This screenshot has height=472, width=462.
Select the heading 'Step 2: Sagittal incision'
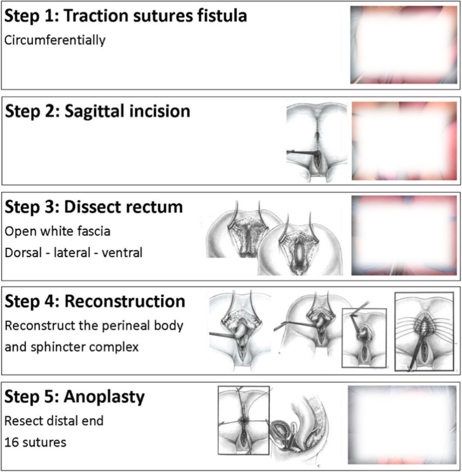(98, 110)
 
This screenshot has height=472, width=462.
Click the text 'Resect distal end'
(50, 421)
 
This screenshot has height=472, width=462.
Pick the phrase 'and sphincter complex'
(71, 346)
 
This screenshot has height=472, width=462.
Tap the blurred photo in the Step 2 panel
(404, 141)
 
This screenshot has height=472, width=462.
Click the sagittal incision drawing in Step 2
(317, 141)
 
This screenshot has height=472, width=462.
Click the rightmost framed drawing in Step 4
(424, 332)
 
